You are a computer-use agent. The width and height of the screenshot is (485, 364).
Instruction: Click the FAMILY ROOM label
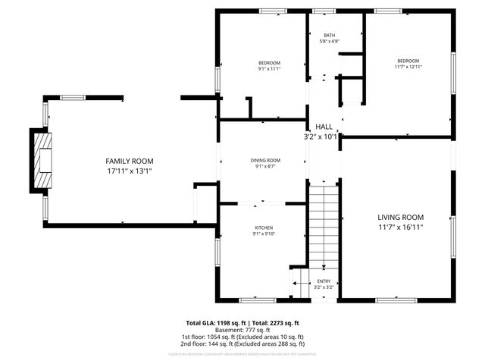click(129, 161)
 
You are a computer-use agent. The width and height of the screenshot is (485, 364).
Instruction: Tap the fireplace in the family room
click(44, 161)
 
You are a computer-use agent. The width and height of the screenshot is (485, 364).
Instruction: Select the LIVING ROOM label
click(400, 216)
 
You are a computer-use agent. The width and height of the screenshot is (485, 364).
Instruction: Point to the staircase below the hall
click(324, 224)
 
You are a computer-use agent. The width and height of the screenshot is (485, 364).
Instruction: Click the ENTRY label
click(324, 281)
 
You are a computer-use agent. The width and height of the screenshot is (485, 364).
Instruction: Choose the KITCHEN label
click(263, 227)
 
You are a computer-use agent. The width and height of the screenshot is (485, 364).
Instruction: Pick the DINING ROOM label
click(265, 160)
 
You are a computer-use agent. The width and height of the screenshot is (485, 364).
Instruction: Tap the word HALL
click(324, 127)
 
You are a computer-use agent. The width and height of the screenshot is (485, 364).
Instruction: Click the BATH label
click(330, 36)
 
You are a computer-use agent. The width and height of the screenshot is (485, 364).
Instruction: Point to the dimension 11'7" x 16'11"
click(400, 227)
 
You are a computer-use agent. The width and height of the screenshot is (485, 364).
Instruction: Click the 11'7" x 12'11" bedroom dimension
click(408, 67)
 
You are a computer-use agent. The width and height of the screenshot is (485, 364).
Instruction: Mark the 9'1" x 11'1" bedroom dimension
click(269, 69)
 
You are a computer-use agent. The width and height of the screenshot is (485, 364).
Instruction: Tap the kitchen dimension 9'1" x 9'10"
click(263, 234)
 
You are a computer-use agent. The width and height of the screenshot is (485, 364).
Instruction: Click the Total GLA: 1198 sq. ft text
click(215, 322)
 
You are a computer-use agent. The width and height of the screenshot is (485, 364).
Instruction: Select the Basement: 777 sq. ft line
click(242, 329)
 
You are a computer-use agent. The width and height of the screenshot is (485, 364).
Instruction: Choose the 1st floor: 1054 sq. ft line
click(242, 336)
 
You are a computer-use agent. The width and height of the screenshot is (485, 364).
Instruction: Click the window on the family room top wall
click(72, 97)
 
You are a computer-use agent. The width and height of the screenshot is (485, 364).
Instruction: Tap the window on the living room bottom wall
click(396, 300)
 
